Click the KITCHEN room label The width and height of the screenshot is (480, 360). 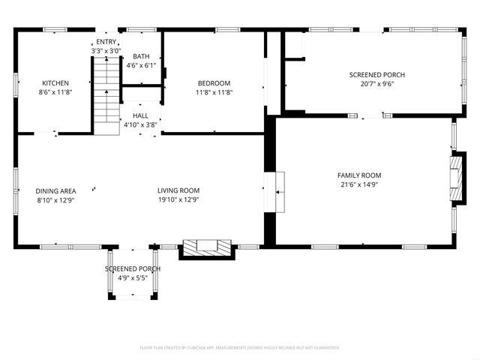tap(55, 83)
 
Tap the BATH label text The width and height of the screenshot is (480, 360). tap(141, 56)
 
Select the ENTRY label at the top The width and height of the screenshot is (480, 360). tap(106, 42)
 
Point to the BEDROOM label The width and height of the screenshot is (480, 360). tap(214, 83)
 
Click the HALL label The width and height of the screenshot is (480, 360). tap(140, 115)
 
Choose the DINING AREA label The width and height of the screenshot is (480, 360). tap(56, 190)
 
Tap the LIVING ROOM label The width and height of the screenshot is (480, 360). tap(178, 190)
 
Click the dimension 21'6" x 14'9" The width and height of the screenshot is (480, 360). tap(359, 184)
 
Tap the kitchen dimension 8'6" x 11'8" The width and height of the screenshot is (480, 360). tap(55, 92)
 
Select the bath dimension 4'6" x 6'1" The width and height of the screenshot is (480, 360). tap(141, 65)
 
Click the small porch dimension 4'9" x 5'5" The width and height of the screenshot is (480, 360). tap(132, 278)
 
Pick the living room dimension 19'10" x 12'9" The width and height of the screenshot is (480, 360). tap(178, 199)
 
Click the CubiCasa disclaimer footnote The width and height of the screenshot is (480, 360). tap(240, 347)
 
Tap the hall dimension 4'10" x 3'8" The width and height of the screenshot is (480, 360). tap(140, 124)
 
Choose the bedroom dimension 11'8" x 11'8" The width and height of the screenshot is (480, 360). tap(214, 92)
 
